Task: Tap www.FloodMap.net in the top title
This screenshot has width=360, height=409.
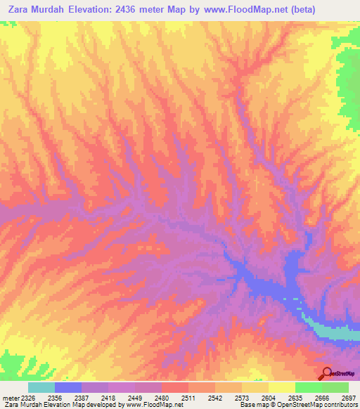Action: pyautogui.click(x=247, y=10)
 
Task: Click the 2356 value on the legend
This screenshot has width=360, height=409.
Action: pyautogui.click(x=67, y=397)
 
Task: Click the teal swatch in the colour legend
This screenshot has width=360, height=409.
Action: pyautogui.click(x=41, y=387)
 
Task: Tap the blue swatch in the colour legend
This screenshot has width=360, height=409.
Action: pyautogui.click(x=68, y=387)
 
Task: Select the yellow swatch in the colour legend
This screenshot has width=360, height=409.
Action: pyautogui.click(x=281, y=387)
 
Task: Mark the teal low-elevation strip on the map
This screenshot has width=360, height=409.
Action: pyautogui.click(x=330, y=331)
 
